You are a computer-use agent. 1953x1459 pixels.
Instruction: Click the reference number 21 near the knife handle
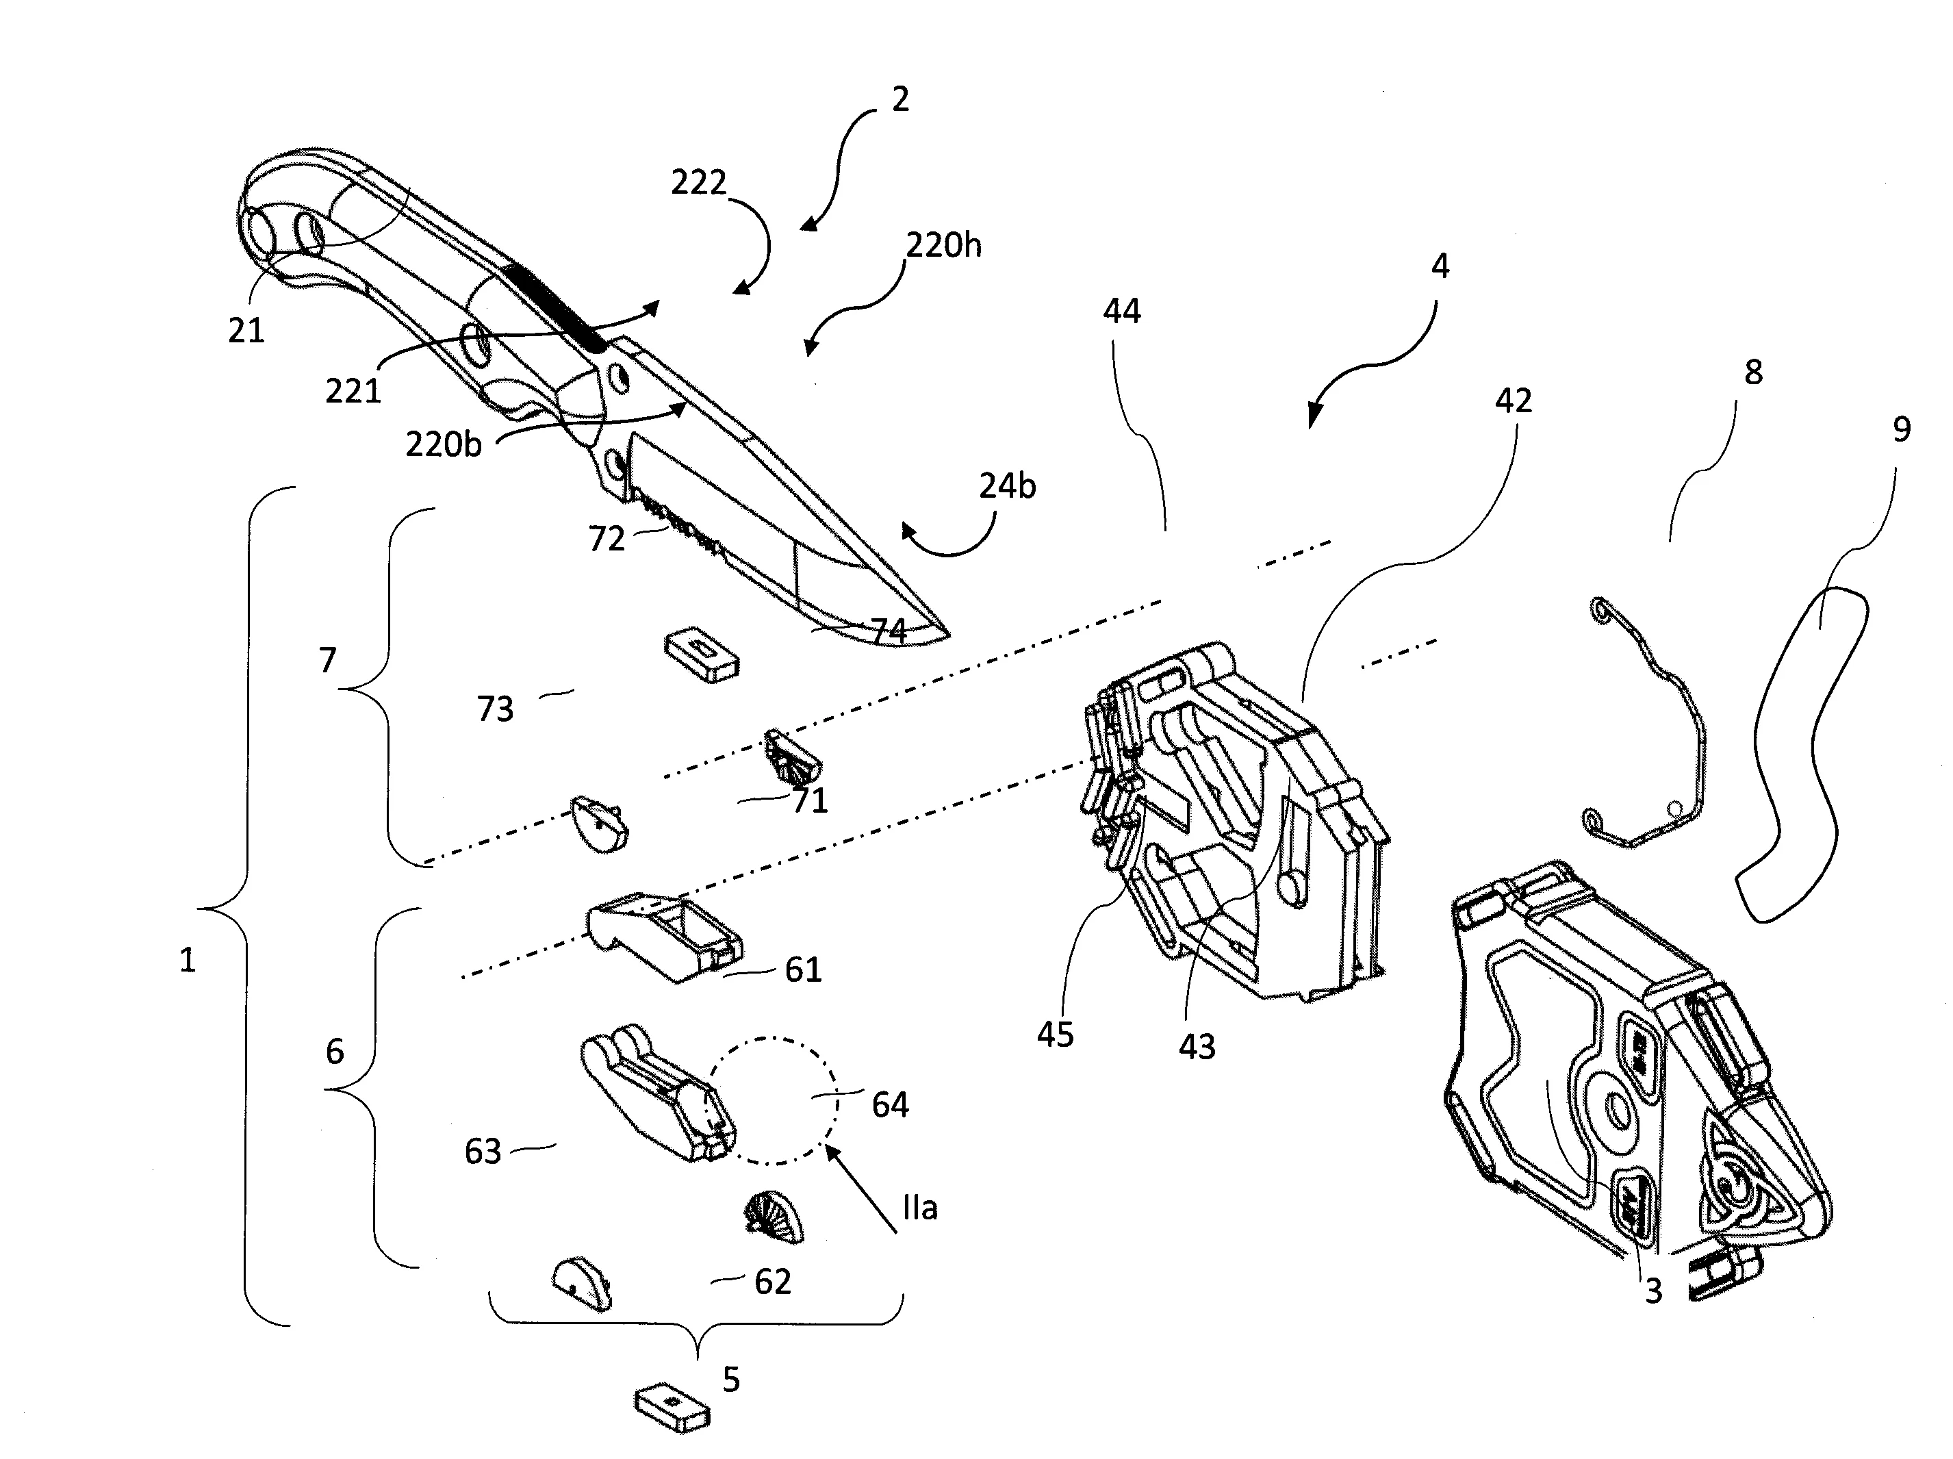(246, 331)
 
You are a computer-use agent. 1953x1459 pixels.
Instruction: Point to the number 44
(1122, 311)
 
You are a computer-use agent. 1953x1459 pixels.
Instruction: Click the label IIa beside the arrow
(920, 1208)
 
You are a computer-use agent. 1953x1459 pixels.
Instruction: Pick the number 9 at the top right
(1902, 429)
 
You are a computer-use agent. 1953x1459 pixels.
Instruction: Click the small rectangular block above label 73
(701, 655)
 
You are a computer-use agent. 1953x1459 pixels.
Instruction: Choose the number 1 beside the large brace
(187, 960)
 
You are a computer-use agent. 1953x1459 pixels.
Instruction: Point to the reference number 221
(353, 390)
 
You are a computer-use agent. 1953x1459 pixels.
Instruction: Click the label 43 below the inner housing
(1197, 1048)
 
